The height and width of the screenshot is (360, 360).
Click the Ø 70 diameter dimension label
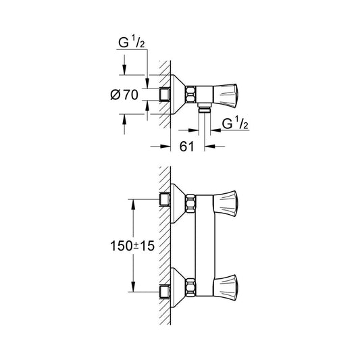(124, 95)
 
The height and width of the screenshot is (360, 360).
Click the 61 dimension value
(186, 147)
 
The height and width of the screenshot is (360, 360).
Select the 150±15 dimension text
(132, 246)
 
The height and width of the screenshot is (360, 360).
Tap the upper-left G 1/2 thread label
(131, 43)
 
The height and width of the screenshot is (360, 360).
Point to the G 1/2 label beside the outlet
(235, 124)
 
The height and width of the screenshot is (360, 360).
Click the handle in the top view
(226, 95)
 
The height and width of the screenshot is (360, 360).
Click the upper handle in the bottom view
(226, 203)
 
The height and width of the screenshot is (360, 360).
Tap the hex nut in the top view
(190, 95)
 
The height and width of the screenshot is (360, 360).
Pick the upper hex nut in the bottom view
(190, 203)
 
